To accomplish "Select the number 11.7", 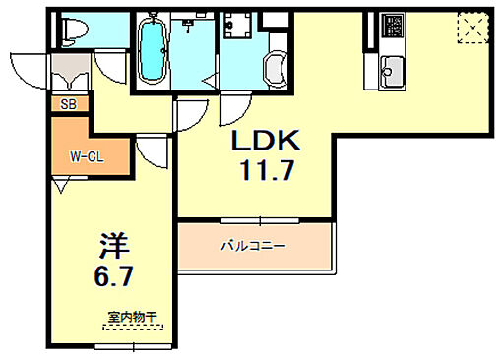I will tap(264, 173).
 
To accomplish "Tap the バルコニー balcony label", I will tap(252, 245).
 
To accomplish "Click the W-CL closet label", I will tap(87, 155).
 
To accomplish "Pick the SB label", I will tap(68, 103).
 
